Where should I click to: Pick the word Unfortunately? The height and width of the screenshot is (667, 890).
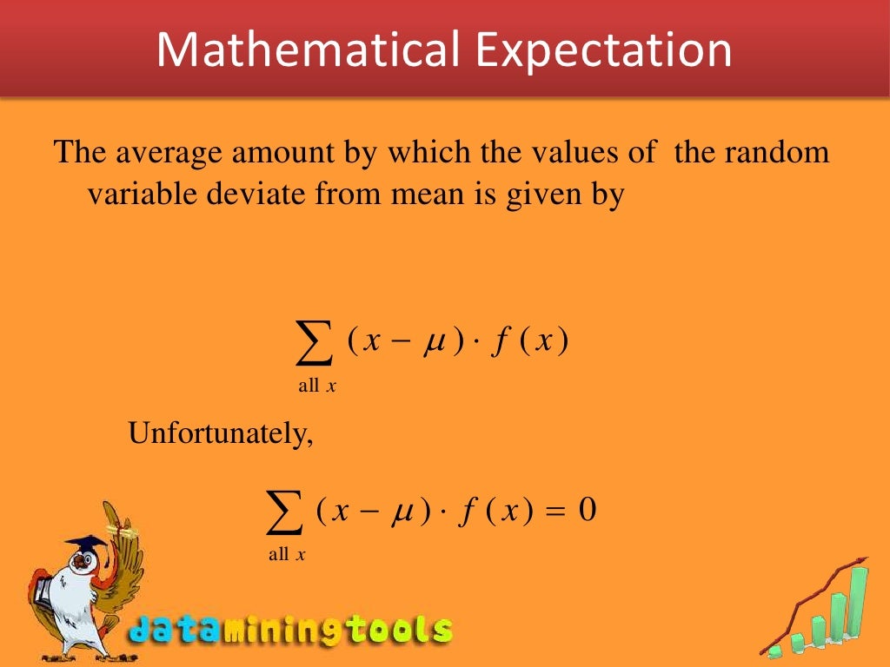220,432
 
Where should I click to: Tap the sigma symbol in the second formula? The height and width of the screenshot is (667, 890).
284,512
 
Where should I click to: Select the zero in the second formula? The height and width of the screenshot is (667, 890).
587,510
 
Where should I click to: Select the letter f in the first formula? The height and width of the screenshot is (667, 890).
501,343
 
